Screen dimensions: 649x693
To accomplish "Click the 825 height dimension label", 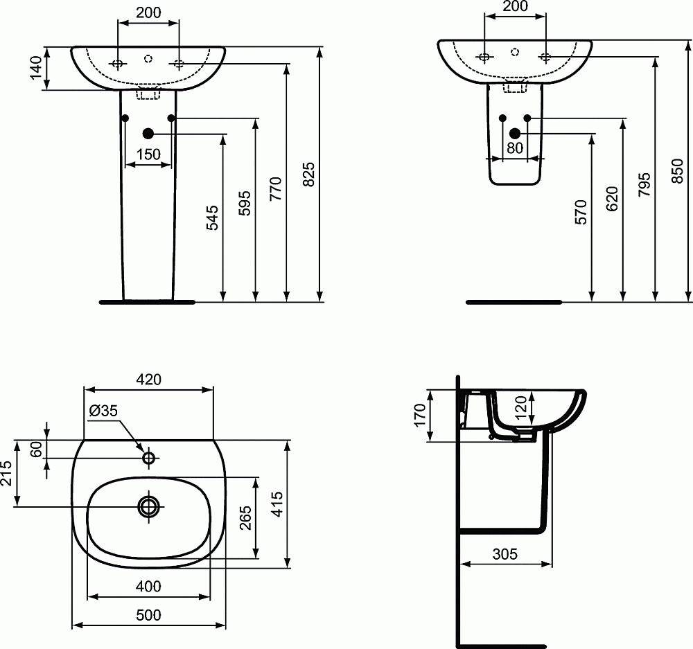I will [x=310, y=175].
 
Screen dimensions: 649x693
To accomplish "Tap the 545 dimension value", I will [x=213, y=217].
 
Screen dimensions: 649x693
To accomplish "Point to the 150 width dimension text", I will [x=148, y=154].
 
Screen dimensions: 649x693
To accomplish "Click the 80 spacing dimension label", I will [x=514, y=148].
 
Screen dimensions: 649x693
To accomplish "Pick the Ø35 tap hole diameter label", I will [x=103, y=411].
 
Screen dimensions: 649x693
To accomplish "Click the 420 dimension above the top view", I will [x=148, y=379].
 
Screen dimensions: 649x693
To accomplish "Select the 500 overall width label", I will [x=148, y=614].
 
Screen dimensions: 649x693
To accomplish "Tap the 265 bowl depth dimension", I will [x=245, y=517].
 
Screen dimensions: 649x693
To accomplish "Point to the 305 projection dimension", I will [x=505, y=553].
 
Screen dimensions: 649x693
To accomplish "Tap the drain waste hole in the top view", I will [x=148, y=506].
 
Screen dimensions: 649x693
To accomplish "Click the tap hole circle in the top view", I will [x=148, y=458].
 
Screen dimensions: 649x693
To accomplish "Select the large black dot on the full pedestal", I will [x=148, y=134].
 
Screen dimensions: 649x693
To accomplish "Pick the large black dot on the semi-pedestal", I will [x=515, y=133].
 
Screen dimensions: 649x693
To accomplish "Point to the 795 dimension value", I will [x=644, y=185].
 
